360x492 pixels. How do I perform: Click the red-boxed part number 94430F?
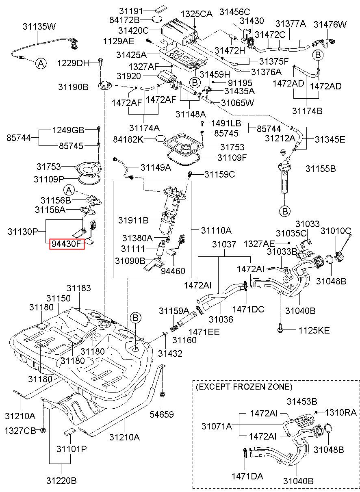(x=67, y=244)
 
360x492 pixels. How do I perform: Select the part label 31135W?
(x=39, y=26)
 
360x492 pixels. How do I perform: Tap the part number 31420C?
(x=133, y=30)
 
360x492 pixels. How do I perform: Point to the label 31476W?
(x=330, y=24)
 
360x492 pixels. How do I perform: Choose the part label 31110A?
(x=216, y=230)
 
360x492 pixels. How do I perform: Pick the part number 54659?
(x=162, y=414)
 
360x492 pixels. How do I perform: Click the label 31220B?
(x=61, y=481)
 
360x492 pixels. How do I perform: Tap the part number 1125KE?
(x=314, y=330)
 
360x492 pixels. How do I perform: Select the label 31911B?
(x=133, y=220)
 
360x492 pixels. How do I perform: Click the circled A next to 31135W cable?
(x=41, y=63)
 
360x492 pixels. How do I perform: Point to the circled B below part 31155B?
(x=285, y=211)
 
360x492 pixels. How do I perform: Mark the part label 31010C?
(x=336, y=231)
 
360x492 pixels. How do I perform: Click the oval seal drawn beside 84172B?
(x=157, y=19)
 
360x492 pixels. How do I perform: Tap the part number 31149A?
(x=156, y=167)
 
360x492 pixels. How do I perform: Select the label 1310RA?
(x=340, y=412)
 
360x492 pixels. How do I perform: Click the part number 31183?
(x=79, y=288)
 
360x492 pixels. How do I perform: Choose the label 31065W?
(x=237, y=102)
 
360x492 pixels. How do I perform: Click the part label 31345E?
(x=330, y=139)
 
